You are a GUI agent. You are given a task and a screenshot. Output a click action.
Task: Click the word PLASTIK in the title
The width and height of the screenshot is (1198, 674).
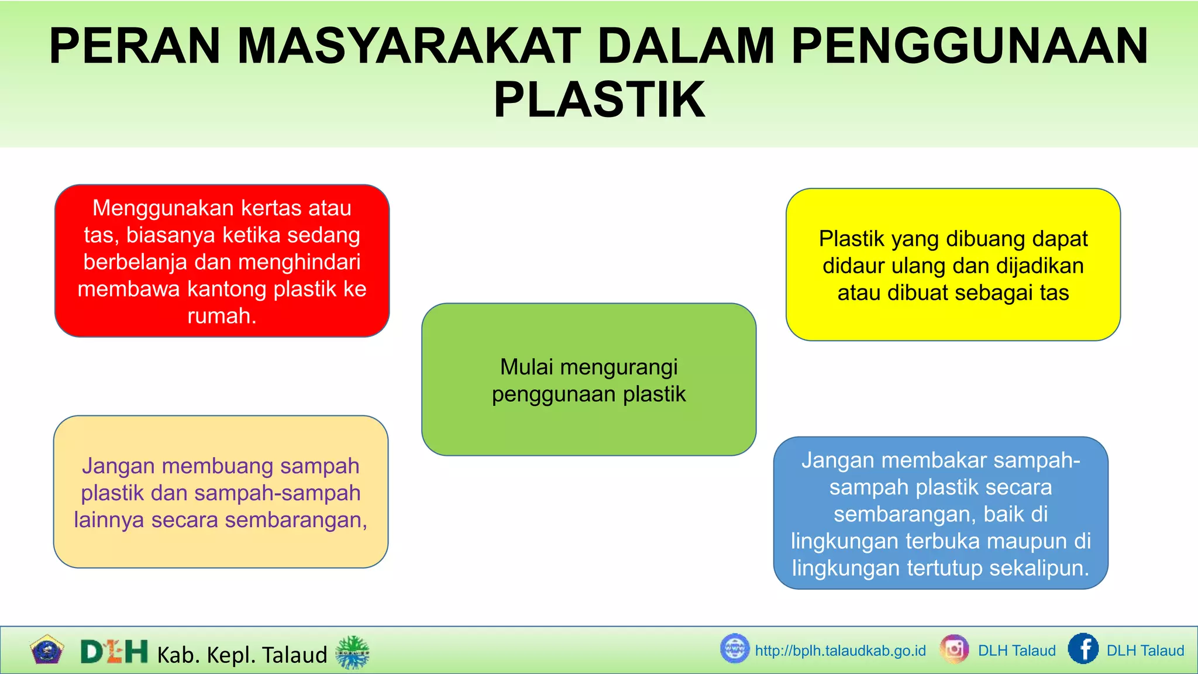click(599, 100)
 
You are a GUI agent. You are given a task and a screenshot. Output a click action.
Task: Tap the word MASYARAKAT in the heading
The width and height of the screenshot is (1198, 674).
click(409, 46)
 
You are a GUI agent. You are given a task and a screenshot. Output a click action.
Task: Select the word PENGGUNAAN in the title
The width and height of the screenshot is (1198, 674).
click(969, 46)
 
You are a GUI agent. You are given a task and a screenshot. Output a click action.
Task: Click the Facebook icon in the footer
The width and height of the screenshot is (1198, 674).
click(1083, 649)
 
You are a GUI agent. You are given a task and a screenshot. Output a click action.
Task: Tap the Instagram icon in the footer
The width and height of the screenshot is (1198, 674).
click(954, 649)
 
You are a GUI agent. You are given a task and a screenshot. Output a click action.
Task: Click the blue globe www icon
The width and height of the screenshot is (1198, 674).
click(735, 649)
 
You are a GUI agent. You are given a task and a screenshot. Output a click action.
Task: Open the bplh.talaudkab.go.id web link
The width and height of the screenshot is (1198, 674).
click(840, 651)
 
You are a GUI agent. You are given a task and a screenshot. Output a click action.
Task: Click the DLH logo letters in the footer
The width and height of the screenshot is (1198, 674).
click(114, 652)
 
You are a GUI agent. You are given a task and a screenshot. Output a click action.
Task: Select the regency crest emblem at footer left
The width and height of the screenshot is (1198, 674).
click(46, 649)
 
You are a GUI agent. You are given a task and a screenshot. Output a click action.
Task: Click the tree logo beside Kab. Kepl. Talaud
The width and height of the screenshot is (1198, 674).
click(352, 652)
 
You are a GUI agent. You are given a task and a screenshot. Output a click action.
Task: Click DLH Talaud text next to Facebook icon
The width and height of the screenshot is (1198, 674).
click(1145, 651)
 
